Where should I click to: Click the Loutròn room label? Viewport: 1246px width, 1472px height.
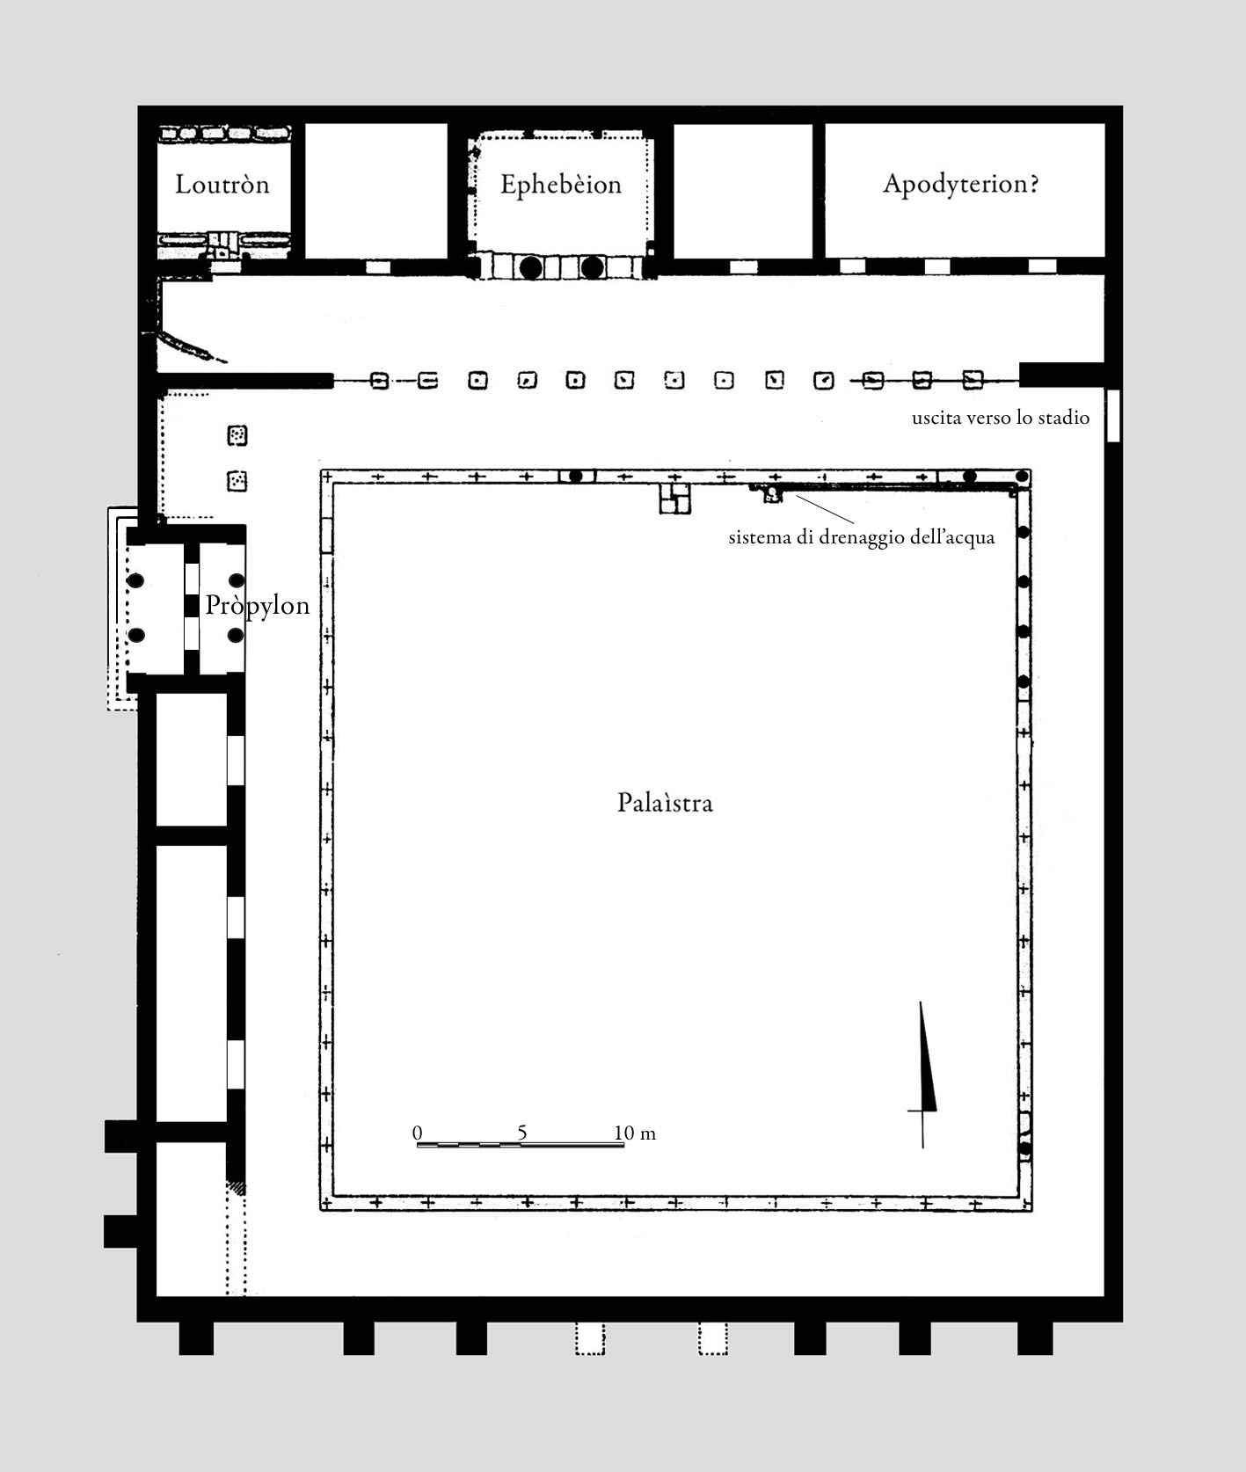[222, 185]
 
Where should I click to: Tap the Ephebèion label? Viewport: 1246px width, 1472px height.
[561, 185]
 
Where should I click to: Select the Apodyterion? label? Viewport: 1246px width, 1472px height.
[961, 185]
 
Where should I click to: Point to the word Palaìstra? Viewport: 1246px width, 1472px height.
[665, 803]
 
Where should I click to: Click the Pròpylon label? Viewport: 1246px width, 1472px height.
[258, 606]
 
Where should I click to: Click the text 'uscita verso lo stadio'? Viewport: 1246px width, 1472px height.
[1001, 418]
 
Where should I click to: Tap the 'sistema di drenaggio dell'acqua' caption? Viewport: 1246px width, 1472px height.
[862, 537]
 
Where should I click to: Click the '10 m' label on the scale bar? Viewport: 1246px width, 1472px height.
[635, 1133]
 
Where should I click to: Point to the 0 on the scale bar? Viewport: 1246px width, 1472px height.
[418, 1133]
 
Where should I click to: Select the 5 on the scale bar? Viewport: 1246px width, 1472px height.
[522, 1133]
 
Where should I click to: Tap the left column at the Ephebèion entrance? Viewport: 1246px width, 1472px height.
[530, 266]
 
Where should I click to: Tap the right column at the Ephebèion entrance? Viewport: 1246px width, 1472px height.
[592, 266]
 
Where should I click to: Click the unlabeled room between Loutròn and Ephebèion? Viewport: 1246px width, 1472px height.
[375, 190]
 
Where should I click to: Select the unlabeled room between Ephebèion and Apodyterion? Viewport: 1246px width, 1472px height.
[743, 190]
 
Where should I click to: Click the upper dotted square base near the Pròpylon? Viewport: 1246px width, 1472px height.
[237, 434]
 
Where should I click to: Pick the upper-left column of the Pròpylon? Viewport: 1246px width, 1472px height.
[135, 580]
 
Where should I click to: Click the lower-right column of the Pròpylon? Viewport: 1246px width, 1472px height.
[235, 635]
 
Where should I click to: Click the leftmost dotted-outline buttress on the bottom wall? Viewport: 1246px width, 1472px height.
[590, 1338]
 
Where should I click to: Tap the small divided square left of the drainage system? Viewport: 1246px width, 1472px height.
[675, 498]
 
